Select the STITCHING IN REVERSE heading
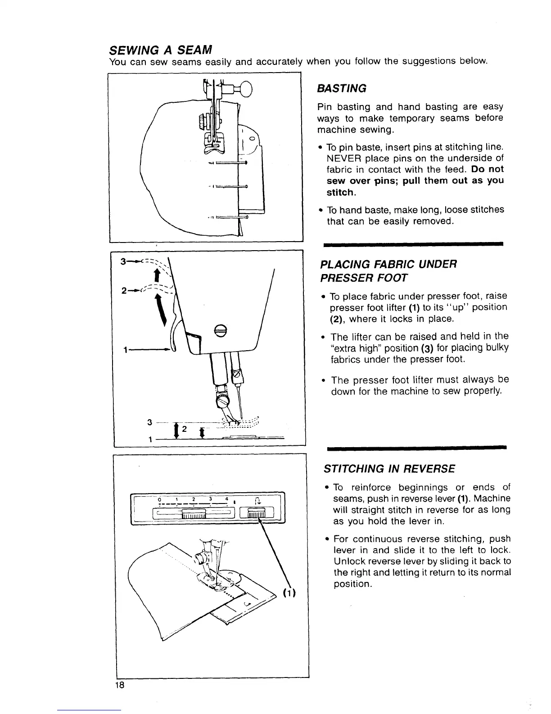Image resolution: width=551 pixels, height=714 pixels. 389,469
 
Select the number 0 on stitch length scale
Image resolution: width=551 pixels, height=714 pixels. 160,499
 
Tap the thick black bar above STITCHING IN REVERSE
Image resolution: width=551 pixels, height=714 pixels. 416,447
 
